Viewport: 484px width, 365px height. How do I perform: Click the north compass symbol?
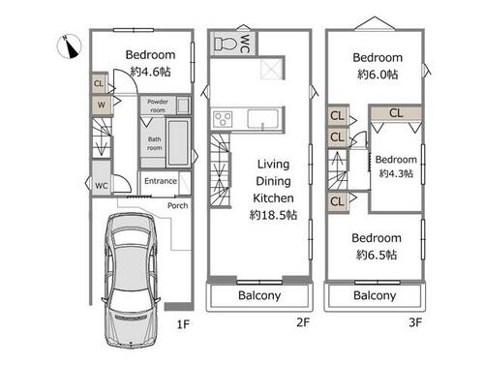pos(69,46)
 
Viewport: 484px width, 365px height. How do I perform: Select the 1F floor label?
pos(183,324)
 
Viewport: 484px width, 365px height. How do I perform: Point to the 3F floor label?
pos(415,322)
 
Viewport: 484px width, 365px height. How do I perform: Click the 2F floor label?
pos(303,322)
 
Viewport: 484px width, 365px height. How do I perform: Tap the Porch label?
pos(177,205)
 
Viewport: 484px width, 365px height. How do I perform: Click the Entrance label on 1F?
pos(161,181)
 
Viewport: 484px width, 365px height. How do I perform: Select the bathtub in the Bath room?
pos(178,142)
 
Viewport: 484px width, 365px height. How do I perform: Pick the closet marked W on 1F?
pos(102,105)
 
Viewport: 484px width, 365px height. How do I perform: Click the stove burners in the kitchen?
pos(223,119)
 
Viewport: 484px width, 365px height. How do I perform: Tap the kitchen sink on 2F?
pos(263,119)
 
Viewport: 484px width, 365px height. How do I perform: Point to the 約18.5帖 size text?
pos(273,215)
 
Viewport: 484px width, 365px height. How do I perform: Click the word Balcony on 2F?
pos(259,295)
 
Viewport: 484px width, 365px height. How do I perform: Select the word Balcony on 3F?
pos(375,295)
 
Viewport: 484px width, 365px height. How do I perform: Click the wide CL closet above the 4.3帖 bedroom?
pos(396,113)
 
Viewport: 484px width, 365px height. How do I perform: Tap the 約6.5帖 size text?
pos(377,255)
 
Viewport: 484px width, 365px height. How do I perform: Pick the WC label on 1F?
pos(102,186)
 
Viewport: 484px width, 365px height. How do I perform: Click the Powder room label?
pos(158,106)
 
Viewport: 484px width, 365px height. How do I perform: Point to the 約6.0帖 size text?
pos(378,75)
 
